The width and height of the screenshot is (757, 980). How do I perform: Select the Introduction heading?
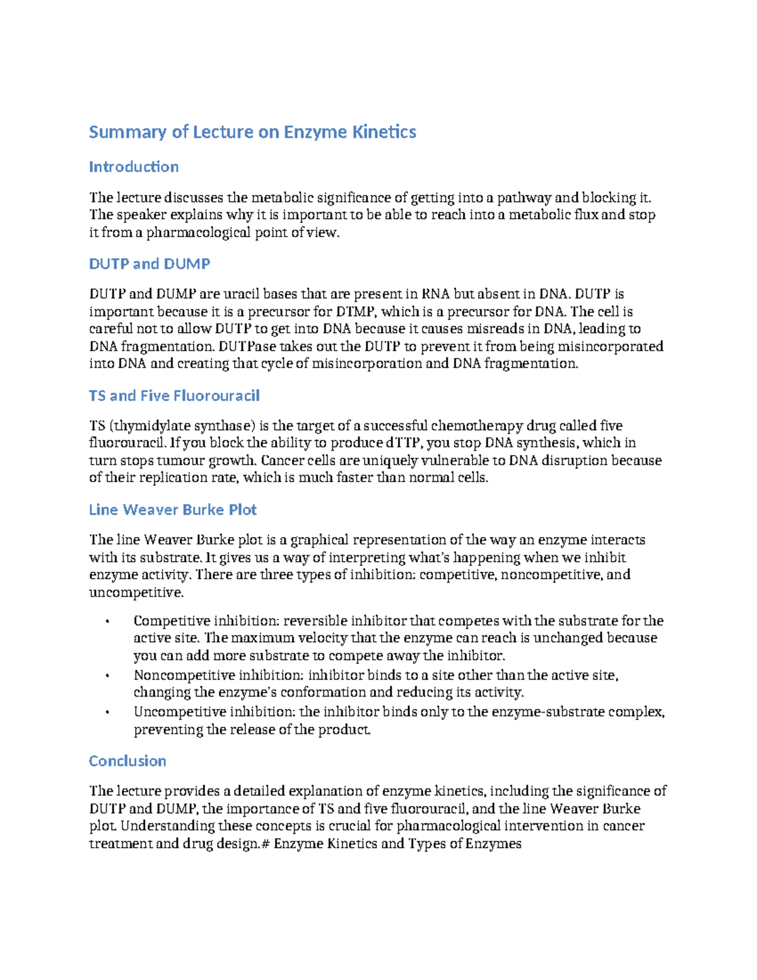pos(134,167)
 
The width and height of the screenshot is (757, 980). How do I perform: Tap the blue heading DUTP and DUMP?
pos(150,264)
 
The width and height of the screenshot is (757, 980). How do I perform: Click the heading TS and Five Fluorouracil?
pos(174,396)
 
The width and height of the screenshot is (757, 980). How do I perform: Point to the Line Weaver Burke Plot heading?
pos(173,510)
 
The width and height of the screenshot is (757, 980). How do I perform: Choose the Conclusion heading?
pos(127,761)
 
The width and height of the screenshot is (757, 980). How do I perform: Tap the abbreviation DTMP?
pos(356,312)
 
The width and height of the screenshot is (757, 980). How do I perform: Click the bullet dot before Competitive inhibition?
pos(108,622)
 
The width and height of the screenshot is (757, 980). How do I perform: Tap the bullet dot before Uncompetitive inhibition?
pos(108,713)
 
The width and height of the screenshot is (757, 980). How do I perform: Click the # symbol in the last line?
pos(266,844)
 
